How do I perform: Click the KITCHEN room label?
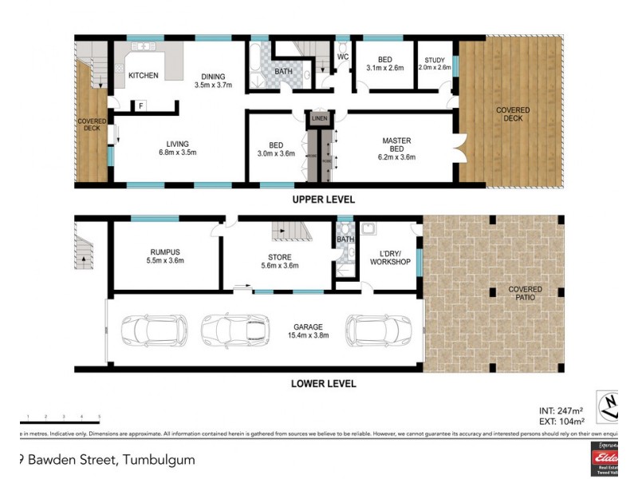pos(144,76)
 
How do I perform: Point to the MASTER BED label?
pos(396,148)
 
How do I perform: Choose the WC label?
pos(342,57)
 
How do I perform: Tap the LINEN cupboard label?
pos(319,119)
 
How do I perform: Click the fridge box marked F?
pos(141,105)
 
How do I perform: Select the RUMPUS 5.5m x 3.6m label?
pos(166,255)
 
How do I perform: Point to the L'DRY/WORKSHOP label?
pos(391,257)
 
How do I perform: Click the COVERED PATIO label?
pos(525,293)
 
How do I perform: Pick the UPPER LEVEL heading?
pos(323,200)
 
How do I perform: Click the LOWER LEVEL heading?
pos(323,384)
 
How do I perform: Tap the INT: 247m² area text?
pos(562,411)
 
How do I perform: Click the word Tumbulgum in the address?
pos(156,459)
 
